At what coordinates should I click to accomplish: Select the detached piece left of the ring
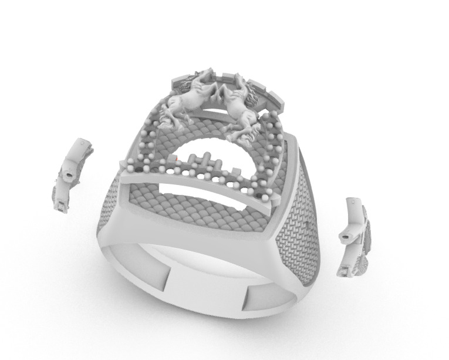click(72, 173)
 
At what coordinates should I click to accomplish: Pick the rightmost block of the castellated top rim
click(275, 99)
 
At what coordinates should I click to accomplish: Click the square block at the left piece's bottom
click(60, 205)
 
